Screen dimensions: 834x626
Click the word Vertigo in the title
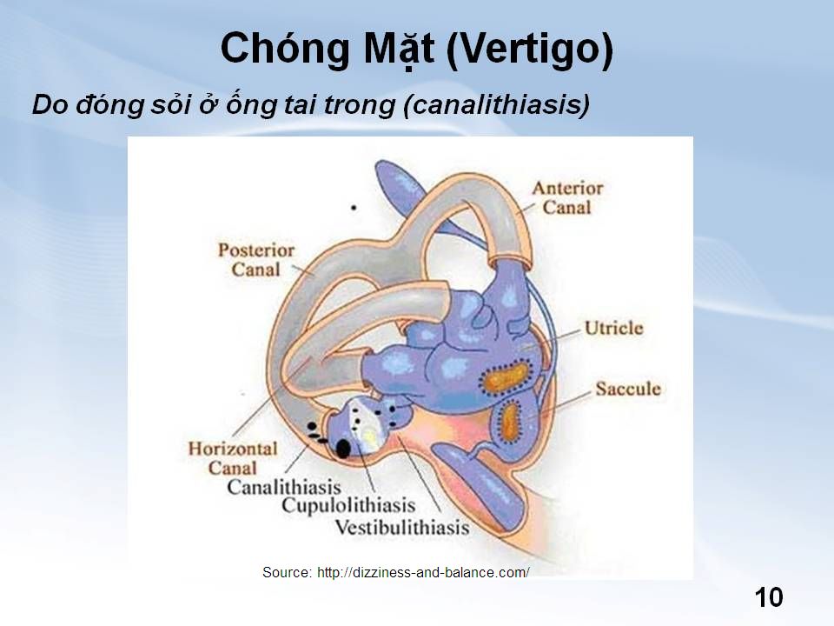(530, 49)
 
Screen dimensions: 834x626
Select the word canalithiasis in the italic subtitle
(496, 103)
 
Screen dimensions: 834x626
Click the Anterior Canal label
(567, 197)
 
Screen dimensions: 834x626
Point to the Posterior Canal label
(255, 260)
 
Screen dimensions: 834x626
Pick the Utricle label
(614, 328)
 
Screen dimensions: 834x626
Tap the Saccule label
(627, 389)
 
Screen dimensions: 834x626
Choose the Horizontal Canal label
(233, 458)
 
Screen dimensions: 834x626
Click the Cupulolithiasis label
(348, 505)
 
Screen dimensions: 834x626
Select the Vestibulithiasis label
(402, 528)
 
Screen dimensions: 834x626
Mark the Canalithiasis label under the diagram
(284, 487)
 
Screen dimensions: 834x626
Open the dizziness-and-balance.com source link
(423, 573)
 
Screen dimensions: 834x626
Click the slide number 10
(769, 597)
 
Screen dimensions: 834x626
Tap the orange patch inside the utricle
(504, 376)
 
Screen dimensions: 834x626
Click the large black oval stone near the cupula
(343, 449)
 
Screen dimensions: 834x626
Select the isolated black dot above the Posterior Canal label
(354, 208)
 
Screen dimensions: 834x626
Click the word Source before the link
(286, 573)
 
